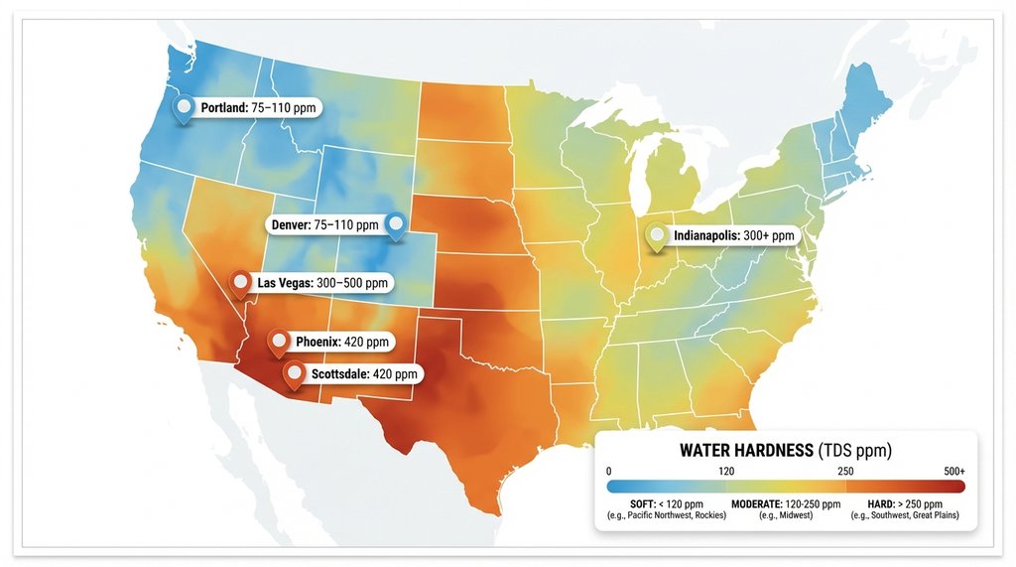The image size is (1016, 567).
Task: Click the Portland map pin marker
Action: pyautogui.click(x=183, y=108)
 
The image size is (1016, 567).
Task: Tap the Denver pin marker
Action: pyautogui.click(x=396, y=225)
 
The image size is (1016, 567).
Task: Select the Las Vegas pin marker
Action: pyautogui.click(x=240, y=283)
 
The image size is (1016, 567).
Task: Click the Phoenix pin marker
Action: pyautogui.click(x=279, y=342)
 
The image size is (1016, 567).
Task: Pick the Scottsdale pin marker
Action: pyautogui.click(x=294, y=374)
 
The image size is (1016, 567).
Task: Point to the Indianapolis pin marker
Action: pyautogui.click(x=656, y=236)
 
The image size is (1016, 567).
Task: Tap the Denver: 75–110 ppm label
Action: pyautogui.click(x=324, y=225)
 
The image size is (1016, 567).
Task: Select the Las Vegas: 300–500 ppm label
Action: pyautogui.click(x=322, y=283)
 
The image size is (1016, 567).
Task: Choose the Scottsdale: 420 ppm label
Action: pyautogui.click(x=365, y=374)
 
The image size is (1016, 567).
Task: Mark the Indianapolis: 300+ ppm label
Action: pyautogui.click(x=734, y=236)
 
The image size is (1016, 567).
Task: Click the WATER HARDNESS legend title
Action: pyautogui.click(x=785, y=451)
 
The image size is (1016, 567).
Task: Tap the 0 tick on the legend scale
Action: pyautogui.click(x=607, y=471)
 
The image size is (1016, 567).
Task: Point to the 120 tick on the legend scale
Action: pyautogui.click(x=726, y=471)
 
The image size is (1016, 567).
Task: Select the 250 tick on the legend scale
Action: pyautogui.click(x=845, y=471)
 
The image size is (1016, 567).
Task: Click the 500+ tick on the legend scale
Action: pyautogui.click(x=954, y=471)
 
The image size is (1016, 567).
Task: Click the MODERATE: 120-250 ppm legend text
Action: pyautogui.click(x=786, y=504)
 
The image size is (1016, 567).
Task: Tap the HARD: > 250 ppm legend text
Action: pyautogui.click(x=905, y=504)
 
